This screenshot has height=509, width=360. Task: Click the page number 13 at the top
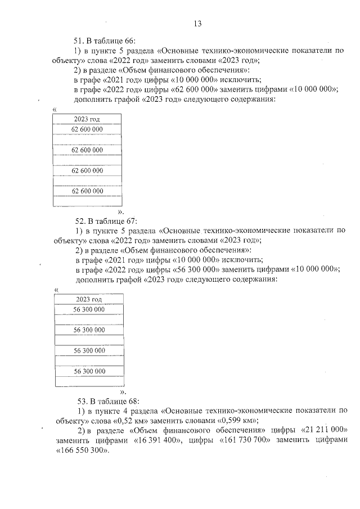197,24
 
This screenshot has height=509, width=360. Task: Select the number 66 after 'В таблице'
129,40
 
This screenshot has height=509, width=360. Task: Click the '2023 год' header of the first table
87,119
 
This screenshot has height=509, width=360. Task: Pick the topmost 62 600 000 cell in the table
87,129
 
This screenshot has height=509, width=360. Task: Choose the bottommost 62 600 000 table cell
87,191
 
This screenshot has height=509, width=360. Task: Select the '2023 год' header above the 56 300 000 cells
89,300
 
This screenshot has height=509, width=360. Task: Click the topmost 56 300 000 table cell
89,309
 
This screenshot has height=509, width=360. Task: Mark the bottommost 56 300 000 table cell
89,371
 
